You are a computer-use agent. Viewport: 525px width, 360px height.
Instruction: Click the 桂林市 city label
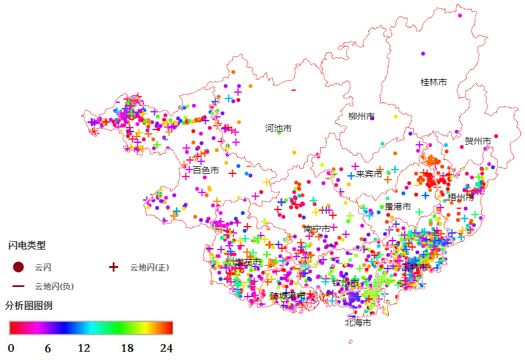coord(434,82)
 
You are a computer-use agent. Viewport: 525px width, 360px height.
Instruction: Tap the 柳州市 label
coord(361,116)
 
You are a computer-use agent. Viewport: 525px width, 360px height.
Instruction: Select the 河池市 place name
coord(278,128)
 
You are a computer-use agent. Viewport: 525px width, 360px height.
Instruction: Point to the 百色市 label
coord(206,170)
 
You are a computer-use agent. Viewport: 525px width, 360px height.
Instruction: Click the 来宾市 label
coord(369,173)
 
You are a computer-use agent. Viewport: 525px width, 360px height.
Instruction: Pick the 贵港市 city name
coord(397,206)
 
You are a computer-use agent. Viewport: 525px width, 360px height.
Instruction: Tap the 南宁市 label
coord(317,229)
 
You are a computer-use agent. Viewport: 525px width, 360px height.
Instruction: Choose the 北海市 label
coord(357,323)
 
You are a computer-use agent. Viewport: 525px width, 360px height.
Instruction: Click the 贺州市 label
coord(477,141)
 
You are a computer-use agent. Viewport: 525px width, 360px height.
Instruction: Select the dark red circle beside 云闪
coord(18,267)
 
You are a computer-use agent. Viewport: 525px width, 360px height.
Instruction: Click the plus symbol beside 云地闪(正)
coord(114,267)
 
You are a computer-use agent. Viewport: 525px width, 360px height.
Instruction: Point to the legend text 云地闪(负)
coord(54,286)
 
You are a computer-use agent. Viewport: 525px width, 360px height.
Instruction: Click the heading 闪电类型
coord(27,245)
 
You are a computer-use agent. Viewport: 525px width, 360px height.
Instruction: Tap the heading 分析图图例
coord(29,305)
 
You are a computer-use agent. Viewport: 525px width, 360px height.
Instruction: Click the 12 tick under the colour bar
coord(84,348)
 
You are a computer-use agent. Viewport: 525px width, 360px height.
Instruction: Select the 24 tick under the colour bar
coord(166,348)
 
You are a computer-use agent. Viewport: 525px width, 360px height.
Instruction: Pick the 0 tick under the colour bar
coord(11,348)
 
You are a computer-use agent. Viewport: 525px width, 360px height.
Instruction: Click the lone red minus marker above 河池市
coord(293,90)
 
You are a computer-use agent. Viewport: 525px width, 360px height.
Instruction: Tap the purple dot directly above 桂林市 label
coord(422,53)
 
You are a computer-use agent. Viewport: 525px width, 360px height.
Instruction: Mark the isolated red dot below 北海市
coord(351,341)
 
